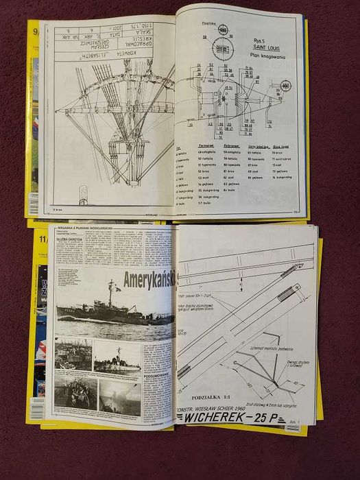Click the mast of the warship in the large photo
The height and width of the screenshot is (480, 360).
110,291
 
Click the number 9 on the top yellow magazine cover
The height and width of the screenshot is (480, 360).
32,31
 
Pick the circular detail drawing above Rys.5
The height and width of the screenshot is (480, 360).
224,32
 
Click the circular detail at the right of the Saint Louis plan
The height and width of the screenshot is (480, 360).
284,86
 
